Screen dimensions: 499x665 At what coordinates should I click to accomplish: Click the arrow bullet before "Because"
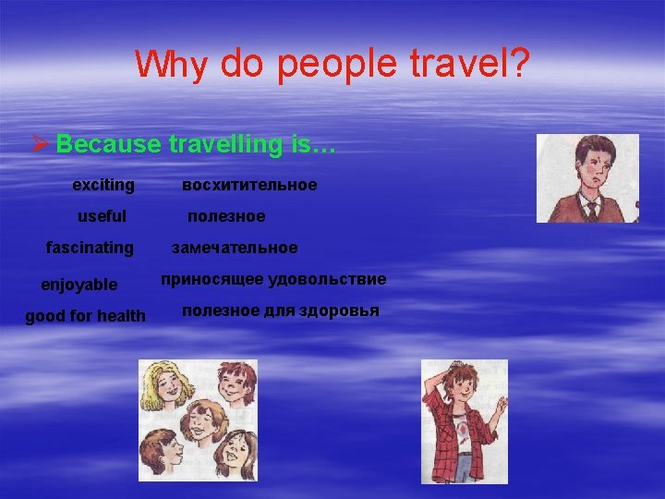tap(40, 145)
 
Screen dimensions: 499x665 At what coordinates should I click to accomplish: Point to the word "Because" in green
tap(107, 144)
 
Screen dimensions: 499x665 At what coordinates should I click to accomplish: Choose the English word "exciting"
tap(103, 185)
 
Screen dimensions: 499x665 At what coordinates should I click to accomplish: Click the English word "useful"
tap(102, 216)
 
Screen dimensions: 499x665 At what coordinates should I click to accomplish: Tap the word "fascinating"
tap(90, 248)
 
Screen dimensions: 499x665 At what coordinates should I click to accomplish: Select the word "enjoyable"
tap(79, 285)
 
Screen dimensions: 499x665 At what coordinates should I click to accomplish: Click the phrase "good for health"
tap(85, 316)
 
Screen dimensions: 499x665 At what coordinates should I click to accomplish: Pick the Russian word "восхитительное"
tap(249, 185)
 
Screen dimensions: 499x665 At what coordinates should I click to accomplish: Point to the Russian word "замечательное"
tap(235, 248)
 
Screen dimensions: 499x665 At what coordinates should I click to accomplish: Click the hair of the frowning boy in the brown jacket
tap(582, 148)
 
